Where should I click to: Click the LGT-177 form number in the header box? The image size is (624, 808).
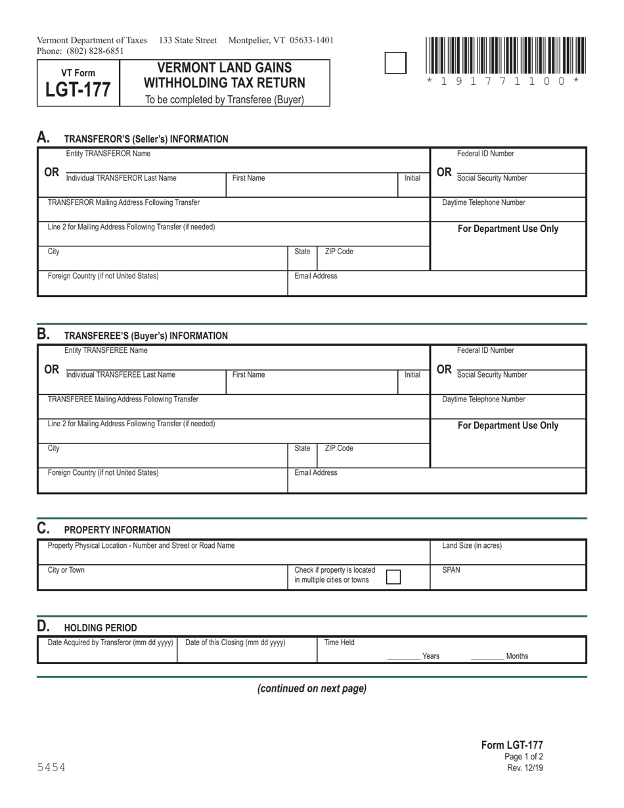click(x=78, y=90)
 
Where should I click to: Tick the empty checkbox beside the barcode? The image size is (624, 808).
click(x=395, y=63)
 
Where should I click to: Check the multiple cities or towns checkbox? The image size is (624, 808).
click(x=393, y=577)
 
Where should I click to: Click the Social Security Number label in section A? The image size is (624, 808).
click(x=492, y=178)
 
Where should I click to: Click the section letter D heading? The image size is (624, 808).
click(x=43, y=626)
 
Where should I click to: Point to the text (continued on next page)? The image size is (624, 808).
click(x=312, y=688)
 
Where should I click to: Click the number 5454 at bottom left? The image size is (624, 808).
click(x=51, y=767)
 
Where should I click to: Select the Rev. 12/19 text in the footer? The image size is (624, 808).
click(x=525, y=768)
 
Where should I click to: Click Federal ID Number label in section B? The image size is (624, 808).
click(x=485, y=350)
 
